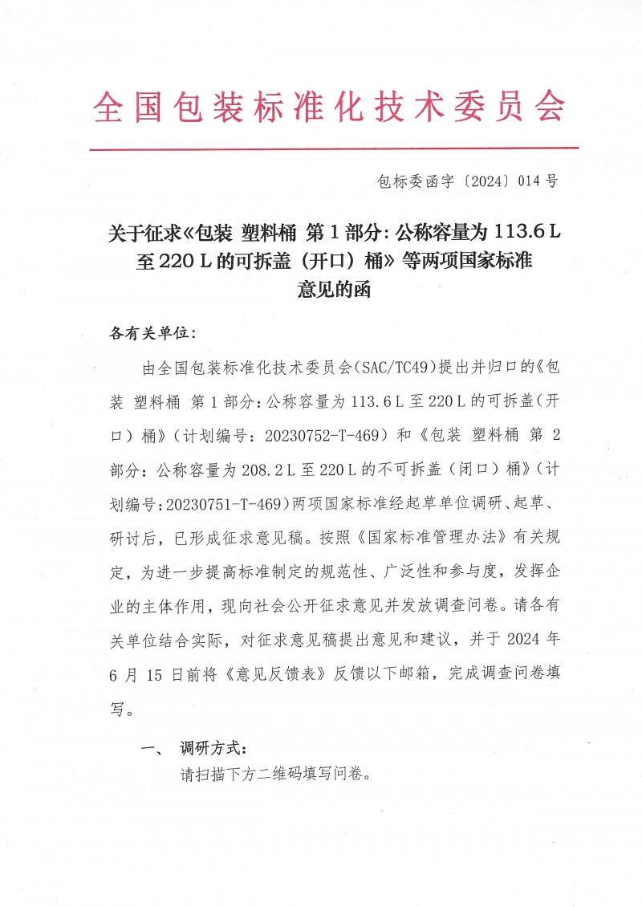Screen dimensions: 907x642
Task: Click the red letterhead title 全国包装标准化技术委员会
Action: point(330,106)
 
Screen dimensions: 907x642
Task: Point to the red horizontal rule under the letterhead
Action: point(333,148)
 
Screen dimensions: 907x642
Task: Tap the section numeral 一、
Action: point(152,749)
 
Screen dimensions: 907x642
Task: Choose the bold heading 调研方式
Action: point(210,749)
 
